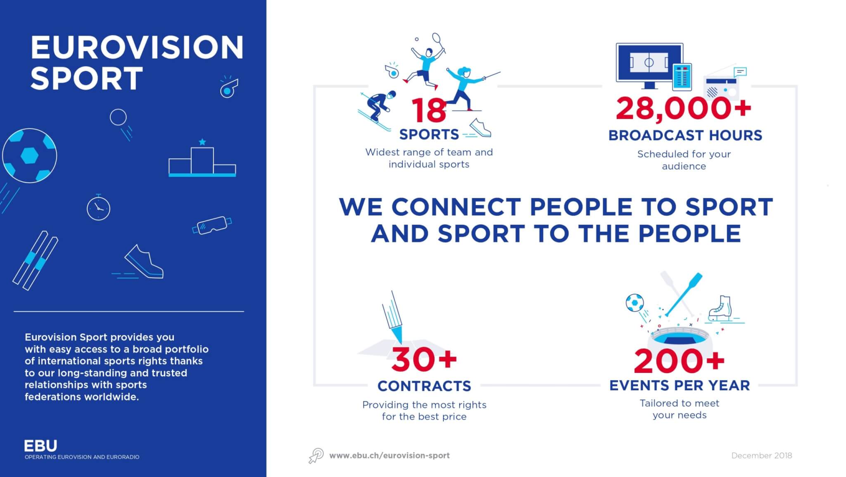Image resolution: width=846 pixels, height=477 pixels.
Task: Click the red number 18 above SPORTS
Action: pyautogui.click(x=429, y=110)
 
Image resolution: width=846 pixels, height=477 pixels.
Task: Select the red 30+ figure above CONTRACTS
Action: pyautogui.click(x=424, y=359)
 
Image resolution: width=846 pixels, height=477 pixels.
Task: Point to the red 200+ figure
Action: pyautogui.click(x=680, y=361)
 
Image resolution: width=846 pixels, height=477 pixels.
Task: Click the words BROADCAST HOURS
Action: pyautogui.click(x=685, y=136)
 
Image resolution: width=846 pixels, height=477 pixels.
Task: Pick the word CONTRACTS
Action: pyautogui.click(x=424, y=386)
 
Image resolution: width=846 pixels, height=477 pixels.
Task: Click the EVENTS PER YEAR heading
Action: pyautogui.click(x=680, y=385)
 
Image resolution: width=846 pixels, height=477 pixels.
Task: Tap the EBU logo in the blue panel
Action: pyautogui.click(x=40, y=446)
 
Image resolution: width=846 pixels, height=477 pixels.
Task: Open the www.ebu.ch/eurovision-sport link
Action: pyautogui.click(x=389, y=456)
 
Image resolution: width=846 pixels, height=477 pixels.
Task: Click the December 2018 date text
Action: pyautogui.click(x=762, y=456)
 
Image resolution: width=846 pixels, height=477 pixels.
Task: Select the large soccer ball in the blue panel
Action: pyautogui.click(x=29, y=156)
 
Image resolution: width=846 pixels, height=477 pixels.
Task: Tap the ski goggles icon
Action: pyautogui.click(x=212, y=225)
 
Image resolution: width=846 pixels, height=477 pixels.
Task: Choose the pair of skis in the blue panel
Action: pyautogui.click(x=35, y=260)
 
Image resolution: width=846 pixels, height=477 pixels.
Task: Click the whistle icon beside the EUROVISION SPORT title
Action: pyautogui.click(x=228, y=87)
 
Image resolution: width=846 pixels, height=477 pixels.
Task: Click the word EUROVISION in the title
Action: pyautogui.click(x=137, y=47)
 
